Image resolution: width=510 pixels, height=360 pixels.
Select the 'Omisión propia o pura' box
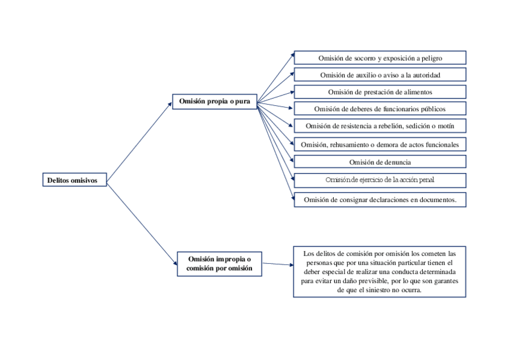[214, 102]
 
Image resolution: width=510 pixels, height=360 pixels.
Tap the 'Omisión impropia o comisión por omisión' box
[220, 264]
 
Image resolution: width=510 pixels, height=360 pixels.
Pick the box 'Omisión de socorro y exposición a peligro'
[380, 58]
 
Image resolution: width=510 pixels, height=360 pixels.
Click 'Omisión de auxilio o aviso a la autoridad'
[380, 75]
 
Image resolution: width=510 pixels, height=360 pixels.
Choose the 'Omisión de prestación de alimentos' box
[380, 92]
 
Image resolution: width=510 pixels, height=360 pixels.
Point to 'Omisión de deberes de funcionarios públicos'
[380, 109]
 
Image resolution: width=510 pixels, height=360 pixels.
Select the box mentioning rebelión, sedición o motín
[380, 126]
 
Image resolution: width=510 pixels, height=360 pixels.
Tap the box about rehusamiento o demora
[380, 144]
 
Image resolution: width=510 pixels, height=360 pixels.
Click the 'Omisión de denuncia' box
[380, 162]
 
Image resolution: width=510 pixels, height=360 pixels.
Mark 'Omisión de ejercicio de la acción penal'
[380, 180]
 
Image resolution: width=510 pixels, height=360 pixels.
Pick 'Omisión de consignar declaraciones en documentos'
[380, 200]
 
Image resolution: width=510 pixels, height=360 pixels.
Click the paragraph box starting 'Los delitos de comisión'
[379, 272]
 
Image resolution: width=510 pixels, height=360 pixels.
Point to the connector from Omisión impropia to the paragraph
[277, 264]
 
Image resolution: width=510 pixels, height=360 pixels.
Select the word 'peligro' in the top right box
[431, 58]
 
